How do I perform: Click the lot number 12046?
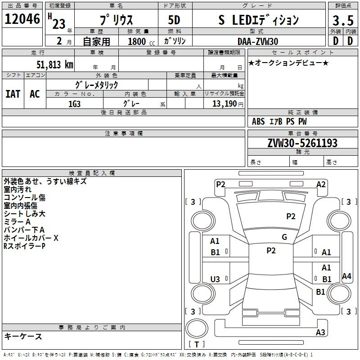(22, 19)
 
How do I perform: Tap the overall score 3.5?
(343, 20)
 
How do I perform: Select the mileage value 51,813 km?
(55, 64)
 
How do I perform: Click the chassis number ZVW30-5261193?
(302, 143)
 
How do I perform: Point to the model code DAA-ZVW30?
(258, 41)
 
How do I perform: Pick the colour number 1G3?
(74, 104)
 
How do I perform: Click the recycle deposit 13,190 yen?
(228, 104)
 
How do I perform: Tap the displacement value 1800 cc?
(141, 41)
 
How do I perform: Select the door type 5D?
(174, 20)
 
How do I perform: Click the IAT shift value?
(13, 94)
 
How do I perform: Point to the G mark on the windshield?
(284, 237)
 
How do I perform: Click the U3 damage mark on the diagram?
(215, 279)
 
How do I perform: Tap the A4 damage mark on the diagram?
(346, 276)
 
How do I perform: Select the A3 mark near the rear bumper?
(320, 332)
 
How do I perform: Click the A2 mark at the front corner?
(321, 184)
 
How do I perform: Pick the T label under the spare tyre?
(197, 345)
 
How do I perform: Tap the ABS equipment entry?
(258, 121)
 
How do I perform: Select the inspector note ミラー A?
(17, 222)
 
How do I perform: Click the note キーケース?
(23, 337)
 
